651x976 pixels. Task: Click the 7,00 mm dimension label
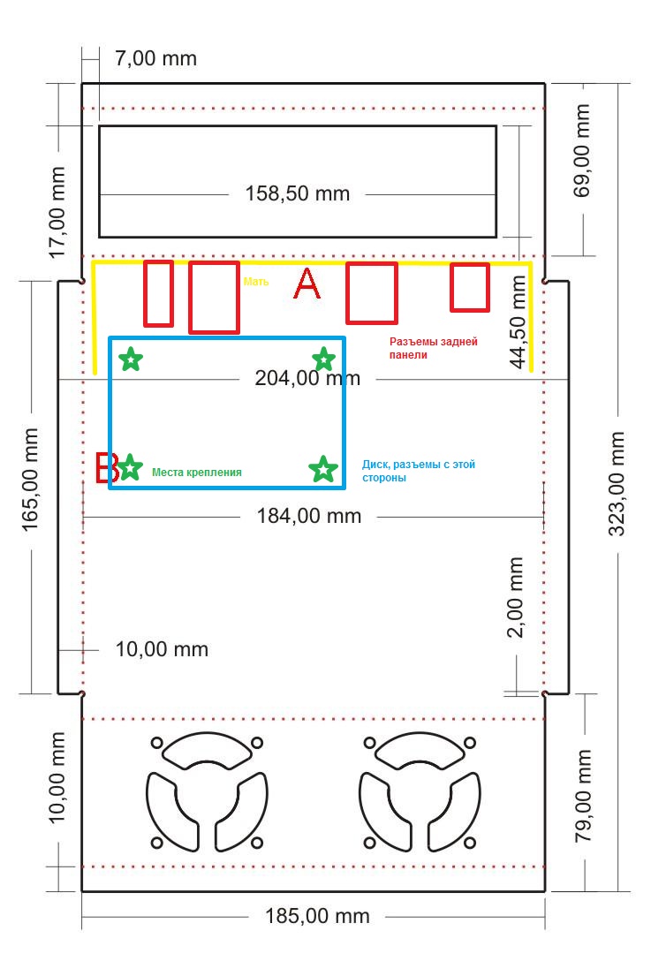(x=156, y=58)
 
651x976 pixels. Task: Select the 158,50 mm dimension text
(x=298, y=193)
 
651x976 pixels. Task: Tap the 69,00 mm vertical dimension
(x=581, y=151)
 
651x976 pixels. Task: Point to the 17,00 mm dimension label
(x=57, y=212)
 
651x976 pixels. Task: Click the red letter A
(x=307, y=284)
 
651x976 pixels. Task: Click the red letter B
(x=106, y=467)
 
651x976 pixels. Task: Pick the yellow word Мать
(x=256, y=282)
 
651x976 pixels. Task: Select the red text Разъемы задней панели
(x=433, y=348)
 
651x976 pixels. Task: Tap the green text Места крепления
(x=197, y=473)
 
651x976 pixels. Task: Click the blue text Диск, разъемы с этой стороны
(x=418, y=471)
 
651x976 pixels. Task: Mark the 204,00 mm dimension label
(x=307, y=378)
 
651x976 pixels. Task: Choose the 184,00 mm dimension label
(x=309, y=516)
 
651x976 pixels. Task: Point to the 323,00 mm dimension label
(x=617, y=484)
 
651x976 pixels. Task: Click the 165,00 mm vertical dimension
(x=30, y=480)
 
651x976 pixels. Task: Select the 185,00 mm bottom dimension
(x=317, y=916)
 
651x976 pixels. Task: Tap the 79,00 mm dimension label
(x=583, y=796)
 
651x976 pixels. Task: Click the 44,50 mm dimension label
(x=518, y=322)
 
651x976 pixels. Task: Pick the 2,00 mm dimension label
(x=515, y=598)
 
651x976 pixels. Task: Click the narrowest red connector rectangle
(x=159, y=293)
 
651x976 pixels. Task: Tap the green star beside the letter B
(x=130, y=467)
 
